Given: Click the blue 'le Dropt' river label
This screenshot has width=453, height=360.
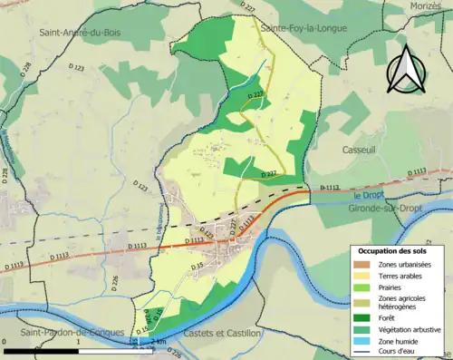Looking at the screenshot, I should pos(369,196).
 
